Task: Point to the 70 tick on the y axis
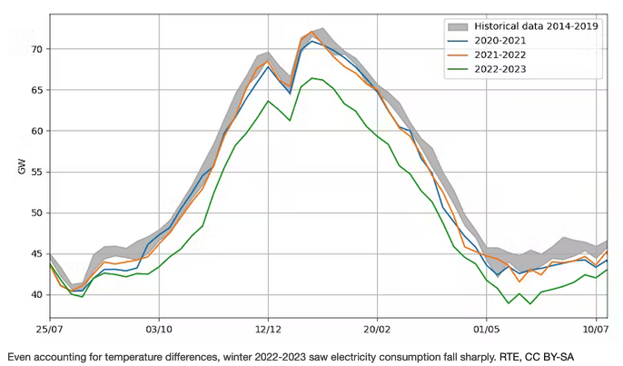point(29,49)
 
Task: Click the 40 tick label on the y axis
point(29,295)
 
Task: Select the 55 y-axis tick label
point(29,172)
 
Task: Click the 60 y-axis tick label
point(29,131)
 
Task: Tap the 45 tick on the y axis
point(29,254)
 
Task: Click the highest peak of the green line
point(312,78)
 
